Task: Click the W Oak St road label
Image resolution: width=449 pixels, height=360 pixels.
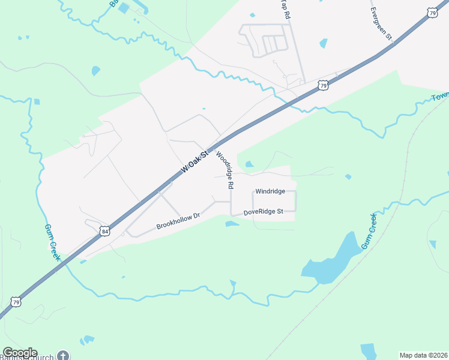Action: click(194, 162)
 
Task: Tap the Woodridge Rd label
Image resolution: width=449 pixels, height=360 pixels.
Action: click(224, 170)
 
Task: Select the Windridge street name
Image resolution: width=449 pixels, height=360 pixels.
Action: click(270, 191)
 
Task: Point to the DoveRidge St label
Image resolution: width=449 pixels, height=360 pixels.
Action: click(263, 212)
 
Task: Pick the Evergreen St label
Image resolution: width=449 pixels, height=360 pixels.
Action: click(381, 24)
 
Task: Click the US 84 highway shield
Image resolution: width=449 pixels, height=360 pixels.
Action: click(105, 230)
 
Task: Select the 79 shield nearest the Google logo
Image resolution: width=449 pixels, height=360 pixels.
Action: click(17, 302)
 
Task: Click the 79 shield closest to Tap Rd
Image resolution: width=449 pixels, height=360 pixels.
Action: click(323, 86)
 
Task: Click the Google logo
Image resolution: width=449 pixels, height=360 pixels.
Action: click(19, 353)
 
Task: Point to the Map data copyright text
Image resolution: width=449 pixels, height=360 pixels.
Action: click(424, 355)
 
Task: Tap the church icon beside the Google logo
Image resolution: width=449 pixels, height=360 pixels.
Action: click(64, 355)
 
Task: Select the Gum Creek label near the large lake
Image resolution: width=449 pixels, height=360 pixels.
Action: click(369, 231)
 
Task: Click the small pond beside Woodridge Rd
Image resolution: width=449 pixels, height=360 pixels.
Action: click(249, 164)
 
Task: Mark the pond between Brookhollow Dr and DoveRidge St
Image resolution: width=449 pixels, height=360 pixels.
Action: click(232, 224)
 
